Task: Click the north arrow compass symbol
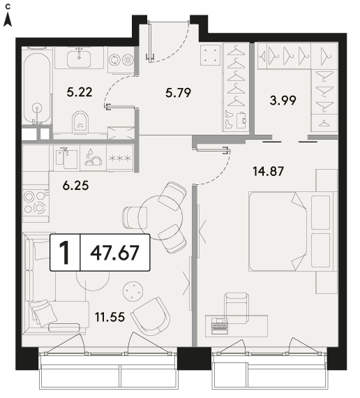coord(8,20)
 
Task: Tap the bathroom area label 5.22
coord(80,92)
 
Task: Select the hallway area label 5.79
coord(178,93)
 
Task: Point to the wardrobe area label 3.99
coord(283,101)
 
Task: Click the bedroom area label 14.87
coord(268,171)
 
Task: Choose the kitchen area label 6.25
coord(75,186)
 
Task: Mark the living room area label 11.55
coord(110,317)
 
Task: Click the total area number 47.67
coord(114,253)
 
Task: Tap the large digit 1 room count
coord(65,253)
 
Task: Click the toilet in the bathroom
coord(80,121)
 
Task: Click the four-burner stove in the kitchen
coord(36,202)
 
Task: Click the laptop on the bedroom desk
coord(220,325)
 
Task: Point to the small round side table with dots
coord(133,291)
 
